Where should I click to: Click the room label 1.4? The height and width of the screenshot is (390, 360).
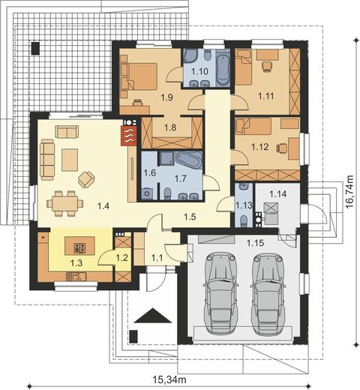click(103, 206)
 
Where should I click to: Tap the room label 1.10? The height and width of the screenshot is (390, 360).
click(199, 71)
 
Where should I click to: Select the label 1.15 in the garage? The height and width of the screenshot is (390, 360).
click(255, 243)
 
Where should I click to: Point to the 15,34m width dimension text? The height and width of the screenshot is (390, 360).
click(169, 379)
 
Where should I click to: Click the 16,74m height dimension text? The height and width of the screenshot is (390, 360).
click(349, 191)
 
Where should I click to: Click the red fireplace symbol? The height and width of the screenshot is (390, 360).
click(128, 136)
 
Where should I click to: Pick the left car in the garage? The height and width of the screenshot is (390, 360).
click(220, 293)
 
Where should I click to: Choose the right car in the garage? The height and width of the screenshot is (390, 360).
click(268, 293)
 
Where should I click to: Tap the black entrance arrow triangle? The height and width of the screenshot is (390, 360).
click(153, 316)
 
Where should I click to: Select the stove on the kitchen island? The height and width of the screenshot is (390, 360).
click(79, 248)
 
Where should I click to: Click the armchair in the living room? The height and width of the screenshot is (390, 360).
click(86, 179)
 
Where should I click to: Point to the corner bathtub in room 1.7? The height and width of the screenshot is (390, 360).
click(190, 160)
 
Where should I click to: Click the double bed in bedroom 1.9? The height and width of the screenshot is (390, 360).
click(142, 76)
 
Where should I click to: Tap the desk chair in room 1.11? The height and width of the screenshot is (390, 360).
click(266, 67)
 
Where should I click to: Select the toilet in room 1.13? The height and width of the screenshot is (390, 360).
click(243, 220)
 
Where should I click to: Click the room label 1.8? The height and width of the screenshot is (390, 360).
click(170, 127)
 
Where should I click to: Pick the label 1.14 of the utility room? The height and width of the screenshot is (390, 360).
click(278, 193)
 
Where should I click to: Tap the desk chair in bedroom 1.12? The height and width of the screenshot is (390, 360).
click(281, 148)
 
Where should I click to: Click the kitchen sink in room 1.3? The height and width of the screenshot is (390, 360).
click(76, 276)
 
